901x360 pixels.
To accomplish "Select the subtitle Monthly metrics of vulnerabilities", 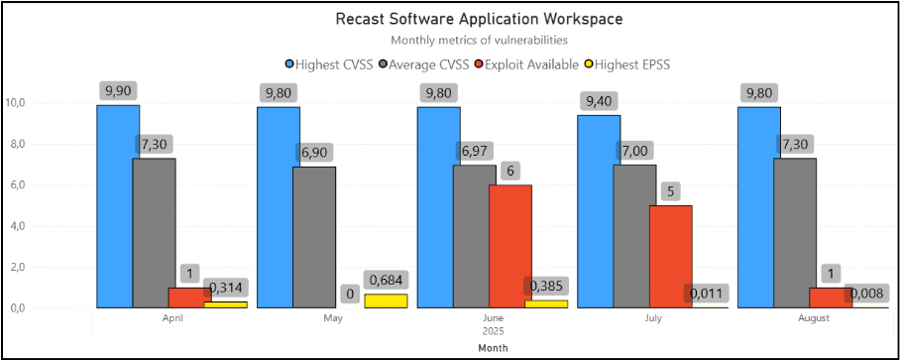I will pyautogui.click(x=479, y=41).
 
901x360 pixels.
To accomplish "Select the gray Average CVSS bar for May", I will pyautogui.click(x=314, y=237).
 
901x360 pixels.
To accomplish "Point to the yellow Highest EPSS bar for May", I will pyautogui.click(x=386, y=300).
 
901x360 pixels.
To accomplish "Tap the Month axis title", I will pyautogui.click(x=492, y=348).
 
